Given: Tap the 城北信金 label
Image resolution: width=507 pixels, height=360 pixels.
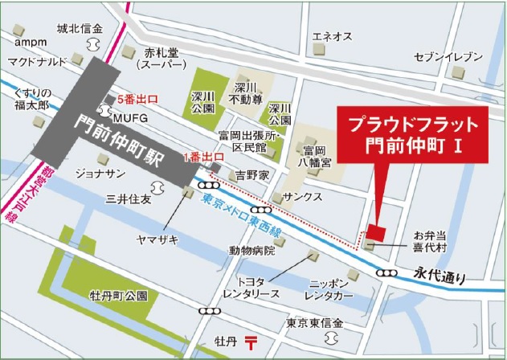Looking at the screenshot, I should pos(80,29).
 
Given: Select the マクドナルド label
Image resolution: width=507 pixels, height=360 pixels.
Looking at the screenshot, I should pos(37,62).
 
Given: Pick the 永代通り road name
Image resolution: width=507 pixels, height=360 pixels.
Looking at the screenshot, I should pos(440,278).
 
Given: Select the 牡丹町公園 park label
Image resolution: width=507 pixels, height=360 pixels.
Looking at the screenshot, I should pos(118,296).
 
